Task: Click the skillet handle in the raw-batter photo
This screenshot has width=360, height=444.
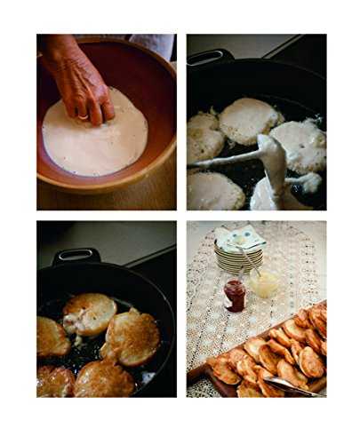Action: [x=206, y=58]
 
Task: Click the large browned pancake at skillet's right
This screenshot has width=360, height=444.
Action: [x=133, y=337]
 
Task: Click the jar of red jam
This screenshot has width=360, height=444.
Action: [x=235, y=295]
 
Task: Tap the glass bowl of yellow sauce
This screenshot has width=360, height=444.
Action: [x=265, y=283]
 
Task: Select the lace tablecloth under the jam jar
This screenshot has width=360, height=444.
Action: [x=222, y=329]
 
